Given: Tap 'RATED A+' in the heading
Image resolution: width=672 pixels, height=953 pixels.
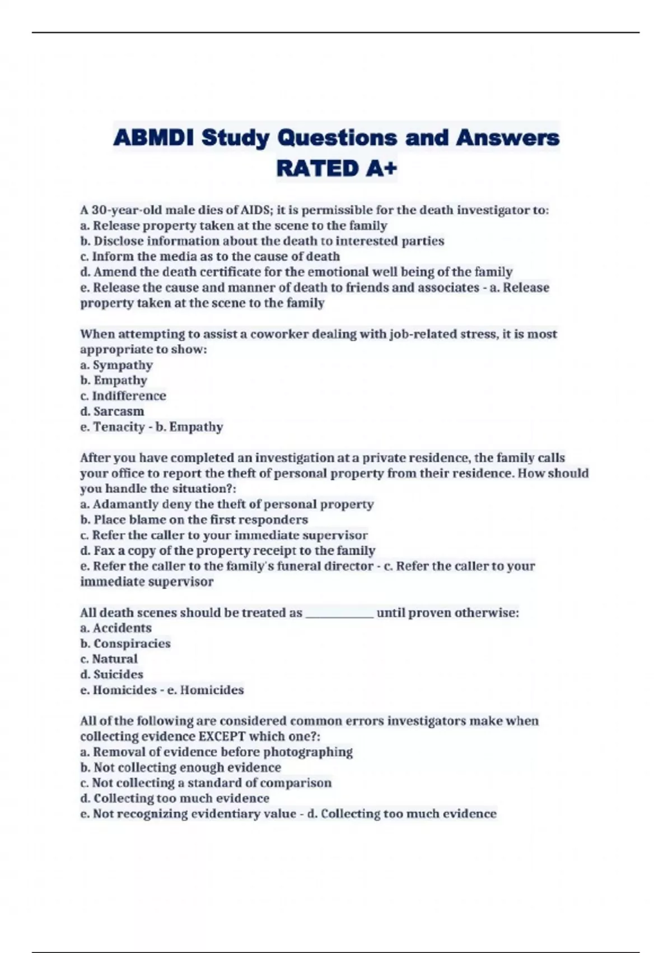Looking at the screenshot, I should pyautogui.click(x=336, y=168).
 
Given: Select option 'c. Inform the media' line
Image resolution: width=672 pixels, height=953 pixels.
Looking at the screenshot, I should pyautogui.click(x=210, y=257).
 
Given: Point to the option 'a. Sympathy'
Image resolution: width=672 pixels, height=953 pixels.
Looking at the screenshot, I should pyautogui.click(x=116, y=365).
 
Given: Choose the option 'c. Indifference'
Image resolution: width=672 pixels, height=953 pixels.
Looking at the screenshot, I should pyautogui.click(x=123, y=396).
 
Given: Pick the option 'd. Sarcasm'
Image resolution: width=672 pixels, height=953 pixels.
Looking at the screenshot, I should pyautogui.click(x=112, y=411).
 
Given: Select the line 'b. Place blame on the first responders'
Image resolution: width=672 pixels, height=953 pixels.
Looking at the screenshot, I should pyautogui.click(x=194, y=520).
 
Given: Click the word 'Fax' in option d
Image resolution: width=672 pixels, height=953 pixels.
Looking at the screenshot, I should pyautogui.click(x=104, y=550).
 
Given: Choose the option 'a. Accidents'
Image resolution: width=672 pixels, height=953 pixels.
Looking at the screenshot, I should pyautogui.click(x=116, y=628).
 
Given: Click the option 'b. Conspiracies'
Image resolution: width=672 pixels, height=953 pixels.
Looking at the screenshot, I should pyautogui.click(x=125, y=644).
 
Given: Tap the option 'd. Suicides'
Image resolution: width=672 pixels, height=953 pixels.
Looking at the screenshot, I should pyautogui.click(x=112, y=674).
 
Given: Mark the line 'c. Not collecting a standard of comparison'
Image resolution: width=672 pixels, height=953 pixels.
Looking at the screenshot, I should pyautogui.click(x=206, y=783).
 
